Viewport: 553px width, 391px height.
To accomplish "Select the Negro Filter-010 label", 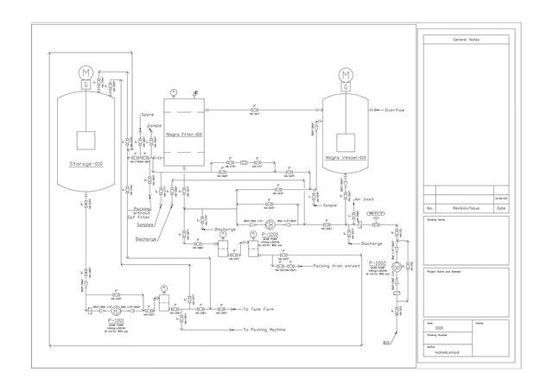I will point(184,135).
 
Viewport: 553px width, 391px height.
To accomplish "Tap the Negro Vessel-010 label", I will point(346,158).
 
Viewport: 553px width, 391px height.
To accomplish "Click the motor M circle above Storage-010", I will point(86,72).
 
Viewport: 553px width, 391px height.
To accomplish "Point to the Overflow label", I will point(395,110).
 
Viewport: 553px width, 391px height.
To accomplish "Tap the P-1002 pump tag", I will point(378,261).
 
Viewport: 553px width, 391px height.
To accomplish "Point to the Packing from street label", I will point(338,267).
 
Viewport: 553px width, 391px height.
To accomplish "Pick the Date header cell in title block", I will point(504,208).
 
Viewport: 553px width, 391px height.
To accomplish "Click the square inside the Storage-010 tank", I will point(86,140).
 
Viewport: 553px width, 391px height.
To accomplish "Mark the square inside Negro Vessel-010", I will point(346,142).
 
